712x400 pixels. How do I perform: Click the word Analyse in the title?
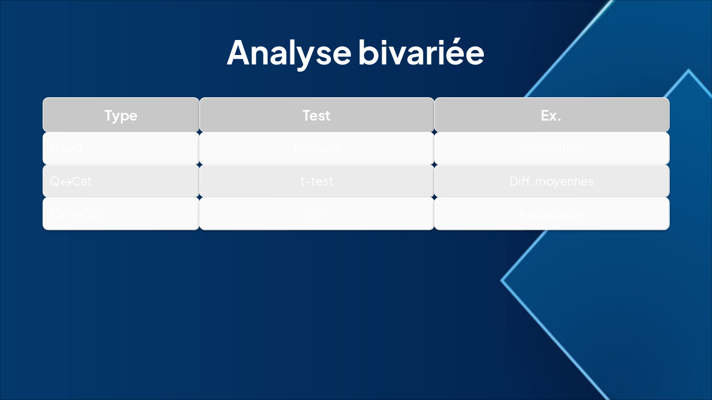tap(289, 52)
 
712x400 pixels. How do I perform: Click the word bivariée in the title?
tap(421, 52)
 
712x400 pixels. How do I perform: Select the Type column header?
tap(121, 115)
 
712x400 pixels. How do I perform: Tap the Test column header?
tap(317, 115)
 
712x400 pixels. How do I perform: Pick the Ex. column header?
tap(551, 115)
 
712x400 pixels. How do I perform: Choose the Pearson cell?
tap(317, 148)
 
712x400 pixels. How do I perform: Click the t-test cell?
tap(317, 181)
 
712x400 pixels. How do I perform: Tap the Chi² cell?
tap(317, 214)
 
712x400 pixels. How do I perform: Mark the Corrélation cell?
tap(551, 148)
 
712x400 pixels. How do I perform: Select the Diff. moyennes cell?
tap(551, 181)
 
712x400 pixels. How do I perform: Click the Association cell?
tap(551, 214)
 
